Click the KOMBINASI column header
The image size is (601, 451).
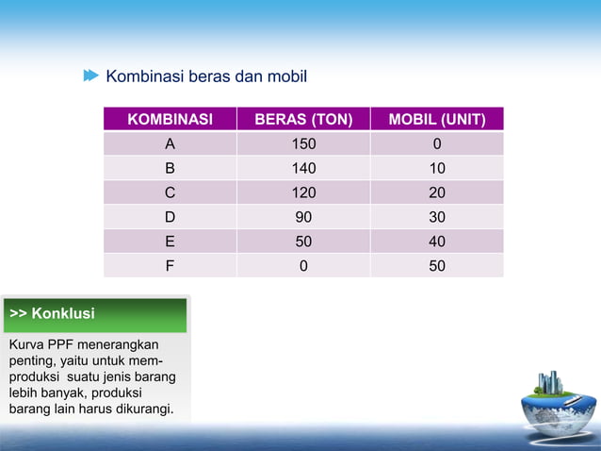click(170, 120)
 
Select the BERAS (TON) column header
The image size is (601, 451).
click(302, 120)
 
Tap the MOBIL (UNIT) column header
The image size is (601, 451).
click(437, 120)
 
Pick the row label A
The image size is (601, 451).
click(170, 144)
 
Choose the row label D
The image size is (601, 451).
click(170, 217)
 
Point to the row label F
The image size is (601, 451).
click(170, 266)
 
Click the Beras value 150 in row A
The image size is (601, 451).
click(302, 144)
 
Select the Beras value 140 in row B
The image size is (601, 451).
click(302, 169)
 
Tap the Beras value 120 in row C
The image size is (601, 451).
click(302, 193)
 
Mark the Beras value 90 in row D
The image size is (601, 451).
click(302, 217)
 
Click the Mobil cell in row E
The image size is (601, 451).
click(437, 242)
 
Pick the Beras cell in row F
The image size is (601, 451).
click(302, 266)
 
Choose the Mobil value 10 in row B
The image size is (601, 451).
click(437, 169)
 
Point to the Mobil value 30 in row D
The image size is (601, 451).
click(437, 217)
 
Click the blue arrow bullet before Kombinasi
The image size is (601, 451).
click(90, 75)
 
